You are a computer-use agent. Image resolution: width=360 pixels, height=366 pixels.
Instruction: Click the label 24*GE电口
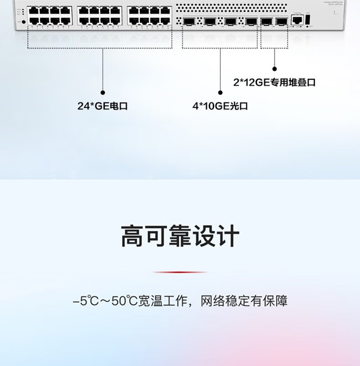103,107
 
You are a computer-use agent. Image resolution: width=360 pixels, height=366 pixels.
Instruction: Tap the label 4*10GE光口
220,107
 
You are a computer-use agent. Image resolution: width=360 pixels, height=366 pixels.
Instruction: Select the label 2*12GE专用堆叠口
274,82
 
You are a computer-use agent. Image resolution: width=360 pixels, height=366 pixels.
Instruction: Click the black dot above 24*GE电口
103,92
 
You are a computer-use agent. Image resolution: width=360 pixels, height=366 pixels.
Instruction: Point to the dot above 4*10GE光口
220,92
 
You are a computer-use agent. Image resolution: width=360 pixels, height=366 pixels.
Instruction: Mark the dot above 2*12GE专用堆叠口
274,69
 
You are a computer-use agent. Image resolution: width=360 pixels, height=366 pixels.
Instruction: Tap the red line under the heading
180,272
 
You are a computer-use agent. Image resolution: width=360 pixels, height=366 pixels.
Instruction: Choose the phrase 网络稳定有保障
244,301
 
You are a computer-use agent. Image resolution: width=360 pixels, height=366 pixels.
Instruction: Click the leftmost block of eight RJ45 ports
50,15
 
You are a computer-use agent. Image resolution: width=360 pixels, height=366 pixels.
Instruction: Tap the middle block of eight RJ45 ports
100,15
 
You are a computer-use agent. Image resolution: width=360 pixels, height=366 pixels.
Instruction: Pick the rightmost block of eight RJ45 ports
149,15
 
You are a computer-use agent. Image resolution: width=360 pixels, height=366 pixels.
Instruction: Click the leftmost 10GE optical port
188,20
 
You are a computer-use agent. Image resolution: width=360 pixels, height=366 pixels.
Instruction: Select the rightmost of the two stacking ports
282,20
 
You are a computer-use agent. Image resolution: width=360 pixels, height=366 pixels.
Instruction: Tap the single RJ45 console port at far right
297,20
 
